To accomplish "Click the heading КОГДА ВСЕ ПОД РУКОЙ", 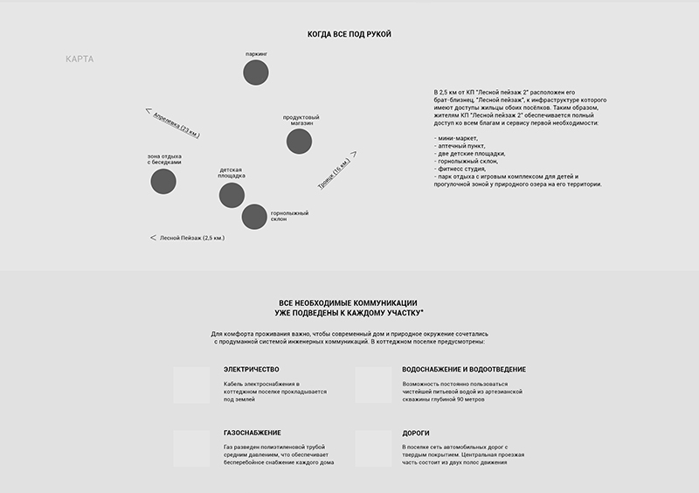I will pos(349,34).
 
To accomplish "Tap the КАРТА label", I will pos(80,59).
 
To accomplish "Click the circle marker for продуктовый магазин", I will pos(299,141).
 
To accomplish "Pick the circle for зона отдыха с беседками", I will pos(163,181).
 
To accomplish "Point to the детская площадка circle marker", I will pos(232,195).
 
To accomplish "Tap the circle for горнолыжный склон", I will pos(253,216).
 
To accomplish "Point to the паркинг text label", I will pos(256,53).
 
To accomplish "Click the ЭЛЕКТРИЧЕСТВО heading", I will pos(252,369).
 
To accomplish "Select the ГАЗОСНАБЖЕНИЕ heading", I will pos(253,433).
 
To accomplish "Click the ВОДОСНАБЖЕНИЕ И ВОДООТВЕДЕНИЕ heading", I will pos(464,369).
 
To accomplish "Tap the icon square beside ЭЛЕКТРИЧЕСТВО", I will pos(191,385).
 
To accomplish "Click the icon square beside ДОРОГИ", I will pos(373,448).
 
